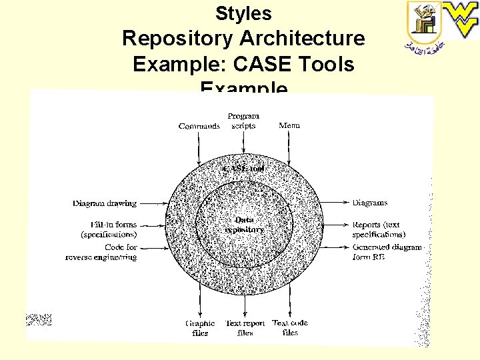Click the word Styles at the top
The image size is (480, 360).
(243, 13)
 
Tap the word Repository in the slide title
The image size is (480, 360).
(175, 39)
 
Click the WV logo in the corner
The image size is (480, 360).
(462, 19)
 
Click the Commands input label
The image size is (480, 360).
(199, 126)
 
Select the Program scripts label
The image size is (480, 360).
(243, 121)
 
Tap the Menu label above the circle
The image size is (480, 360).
(289, 125)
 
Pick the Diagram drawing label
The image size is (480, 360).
(105, 203)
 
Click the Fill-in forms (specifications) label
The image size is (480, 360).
(109, 229)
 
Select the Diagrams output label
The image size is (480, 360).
(370, 203)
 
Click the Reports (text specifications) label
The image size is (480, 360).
(379, 229)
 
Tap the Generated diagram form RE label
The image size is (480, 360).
(387, 252)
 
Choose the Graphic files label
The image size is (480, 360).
(199, 328)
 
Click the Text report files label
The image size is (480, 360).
(245, 328)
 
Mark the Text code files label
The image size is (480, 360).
(290, 327)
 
